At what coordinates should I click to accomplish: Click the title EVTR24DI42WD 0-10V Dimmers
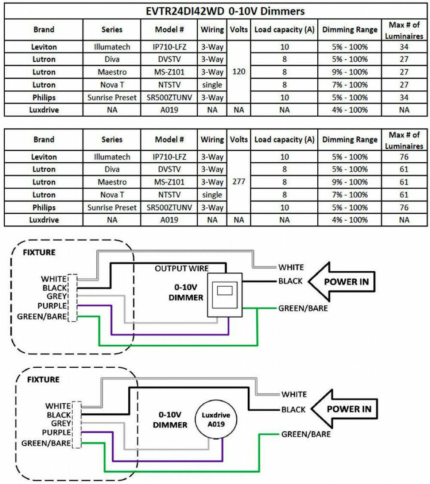225,12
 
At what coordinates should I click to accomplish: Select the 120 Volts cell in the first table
239,71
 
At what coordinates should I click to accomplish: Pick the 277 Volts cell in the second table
239,182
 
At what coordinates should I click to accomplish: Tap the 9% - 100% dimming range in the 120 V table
350,72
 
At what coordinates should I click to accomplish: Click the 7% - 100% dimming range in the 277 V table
350,195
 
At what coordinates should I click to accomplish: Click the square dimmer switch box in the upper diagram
225,295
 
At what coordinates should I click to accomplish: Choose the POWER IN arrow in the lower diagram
344,409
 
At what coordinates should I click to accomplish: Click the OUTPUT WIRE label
182,268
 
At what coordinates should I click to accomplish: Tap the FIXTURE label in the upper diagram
39,253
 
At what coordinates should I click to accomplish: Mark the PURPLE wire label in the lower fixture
56,432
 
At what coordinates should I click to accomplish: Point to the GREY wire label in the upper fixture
57,296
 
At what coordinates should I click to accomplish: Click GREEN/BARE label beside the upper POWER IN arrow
303,308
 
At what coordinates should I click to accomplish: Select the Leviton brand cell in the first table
44,47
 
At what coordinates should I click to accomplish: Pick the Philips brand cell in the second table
44,207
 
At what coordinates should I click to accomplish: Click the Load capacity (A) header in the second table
284,139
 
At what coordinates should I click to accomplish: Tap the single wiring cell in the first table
212,85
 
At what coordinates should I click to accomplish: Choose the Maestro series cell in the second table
112,182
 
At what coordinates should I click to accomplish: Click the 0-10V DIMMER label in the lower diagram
170,419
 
